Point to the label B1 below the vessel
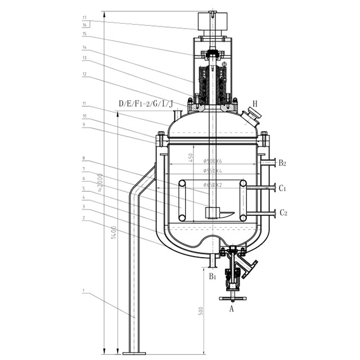click(213, 276)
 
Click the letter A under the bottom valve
click(231, 308)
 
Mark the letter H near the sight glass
click(255, 103)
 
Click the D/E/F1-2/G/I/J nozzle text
click(146, 103)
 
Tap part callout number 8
click(83, 159)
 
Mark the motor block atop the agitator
click(211, 23)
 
